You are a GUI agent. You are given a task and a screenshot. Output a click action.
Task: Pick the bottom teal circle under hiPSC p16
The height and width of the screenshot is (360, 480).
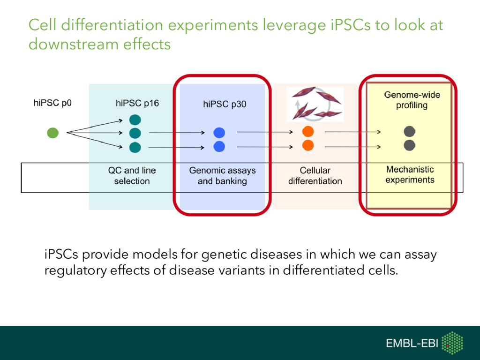(135, 147)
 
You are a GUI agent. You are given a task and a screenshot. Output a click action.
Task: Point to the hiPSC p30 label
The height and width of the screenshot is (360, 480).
(224, 105)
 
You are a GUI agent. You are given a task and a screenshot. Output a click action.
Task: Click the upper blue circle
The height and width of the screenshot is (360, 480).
(219, 133)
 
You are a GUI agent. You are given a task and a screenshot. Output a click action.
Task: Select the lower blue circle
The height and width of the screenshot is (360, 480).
(219, 147)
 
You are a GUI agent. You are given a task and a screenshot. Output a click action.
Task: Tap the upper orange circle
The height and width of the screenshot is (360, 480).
(308, 131)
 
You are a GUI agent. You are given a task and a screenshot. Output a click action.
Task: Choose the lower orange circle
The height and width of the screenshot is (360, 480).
(308, 145)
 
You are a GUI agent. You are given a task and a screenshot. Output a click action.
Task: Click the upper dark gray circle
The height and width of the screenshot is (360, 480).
(410, 132)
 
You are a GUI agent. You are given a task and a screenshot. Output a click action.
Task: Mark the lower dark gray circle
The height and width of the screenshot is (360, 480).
(410, 145)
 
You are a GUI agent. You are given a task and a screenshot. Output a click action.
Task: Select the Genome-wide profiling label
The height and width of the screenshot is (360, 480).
(412, 100)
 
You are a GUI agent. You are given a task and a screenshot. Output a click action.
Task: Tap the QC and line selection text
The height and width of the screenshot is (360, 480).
(132, 176)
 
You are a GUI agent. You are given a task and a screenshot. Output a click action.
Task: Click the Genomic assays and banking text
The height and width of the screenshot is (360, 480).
(222, 176)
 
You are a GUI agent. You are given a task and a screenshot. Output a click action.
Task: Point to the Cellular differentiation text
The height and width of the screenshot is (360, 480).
(315, 176)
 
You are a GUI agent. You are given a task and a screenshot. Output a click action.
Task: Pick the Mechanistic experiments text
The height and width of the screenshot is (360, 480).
(410, 174)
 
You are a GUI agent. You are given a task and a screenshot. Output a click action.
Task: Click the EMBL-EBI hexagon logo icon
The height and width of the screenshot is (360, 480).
(452, 343)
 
